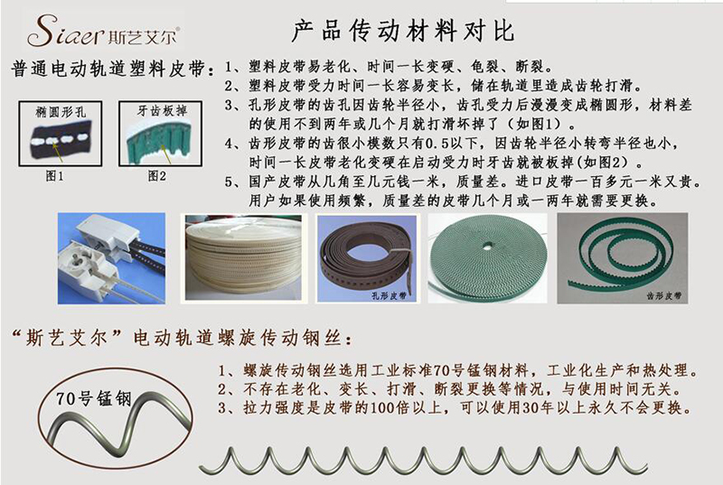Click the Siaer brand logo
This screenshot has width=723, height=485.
[103, 31]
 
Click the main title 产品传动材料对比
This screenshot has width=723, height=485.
[402, 31]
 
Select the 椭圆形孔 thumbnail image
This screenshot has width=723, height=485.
[61, 134]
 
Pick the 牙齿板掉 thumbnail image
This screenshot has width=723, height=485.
[161, 134]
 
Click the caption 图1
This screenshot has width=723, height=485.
[54, 175]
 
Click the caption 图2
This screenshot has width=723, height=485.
[156, 175]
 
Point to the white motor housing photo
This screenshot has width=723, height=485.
[111, 258]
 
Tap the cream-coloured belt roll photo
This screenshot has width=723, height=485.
[243, 258]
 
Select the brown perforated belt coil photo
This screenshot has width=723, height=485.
[367, 259]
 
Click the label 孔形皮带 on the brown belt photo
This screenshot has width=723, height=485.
[390, 295]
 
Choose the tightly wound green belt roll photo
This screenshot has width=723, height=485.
[487, 258]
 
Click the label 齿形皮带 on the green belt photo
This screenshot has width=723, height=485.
[664, 295]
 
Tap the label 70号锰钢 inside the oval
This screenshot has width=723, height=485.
[94, 399]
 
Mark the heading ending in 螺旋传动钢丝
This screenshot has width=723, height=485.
[183, 339]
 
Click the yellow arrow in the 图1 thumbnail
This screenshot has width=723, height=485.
[57, 150]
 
